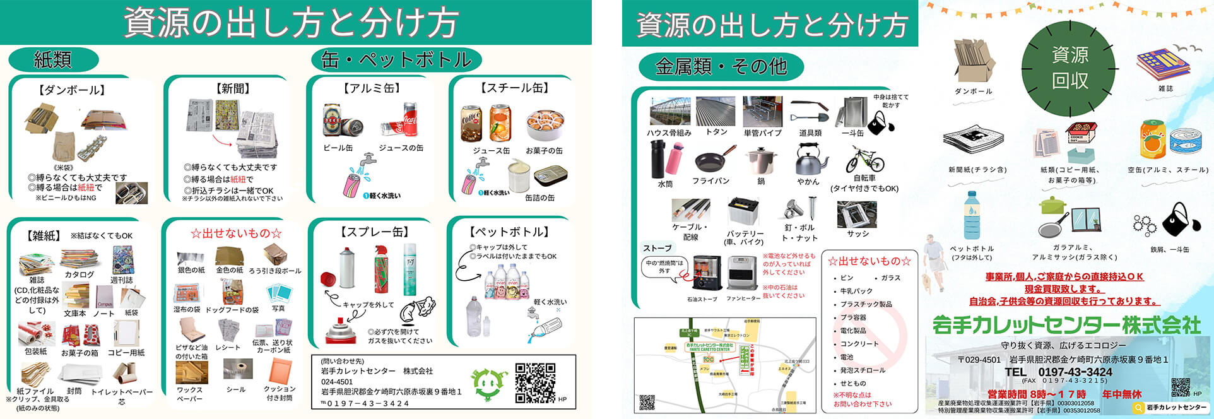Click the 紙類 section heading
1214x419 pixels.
click(53, 60)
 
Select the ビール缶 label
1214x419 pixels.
click(338, 148)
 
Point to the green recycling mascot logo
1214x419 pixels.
click(490, 384)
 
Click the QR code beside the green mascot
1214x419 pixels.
click(535, 382)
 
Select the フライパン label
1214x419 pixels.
click(710, 181)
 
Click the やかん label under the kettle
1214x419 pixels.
click(808, 182)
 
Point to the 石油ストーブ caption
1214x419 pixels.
click(702, 299)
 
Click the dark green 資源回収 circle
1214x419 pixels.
click(1070, 68)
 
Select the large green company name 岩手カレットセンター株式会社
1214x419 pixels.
click(1066, 325)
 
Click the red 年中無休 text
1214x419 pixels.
click(1122, 394)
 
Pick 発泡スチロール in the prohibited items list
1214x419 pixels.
click(863, 370)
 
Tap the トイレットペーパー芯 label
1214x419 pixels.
click(122, 396)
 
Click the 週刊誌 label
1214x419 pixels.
click(122, 280)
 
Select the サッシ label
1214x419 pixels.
click(857, 234)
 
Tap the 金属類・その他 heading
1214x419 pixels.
click(721, 66)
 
